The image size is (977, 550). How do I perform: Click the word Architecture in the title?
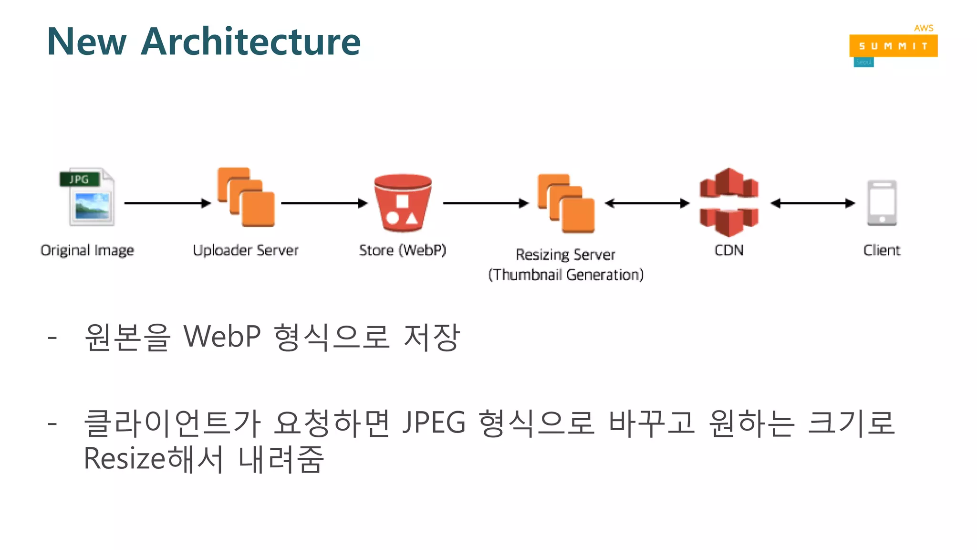[x=251, y=42]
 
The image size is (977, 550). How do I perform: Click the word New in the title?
[x=87, y=42]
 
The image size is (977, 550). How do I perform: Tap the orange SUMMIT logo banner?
[x=893, y=46]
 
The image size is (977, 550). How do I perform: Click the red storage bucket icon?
[x=403, y=203]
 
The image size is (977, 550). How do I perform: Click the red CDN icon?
[x=729, y=202]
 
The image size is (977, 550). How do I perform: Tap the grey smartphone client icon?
[x=882, y=202]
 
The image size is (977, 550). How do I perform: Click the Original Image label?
[x=87, y=250]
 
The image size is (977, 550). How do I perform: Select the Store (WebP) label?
[x=403, y=250]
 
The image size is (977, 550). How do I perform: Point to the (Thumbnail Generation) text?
[x=566, y=275]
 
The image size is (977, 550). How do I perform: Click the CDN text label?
[x=729, y=250]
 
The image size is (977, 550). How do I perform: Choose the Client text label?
[x=882, y=250]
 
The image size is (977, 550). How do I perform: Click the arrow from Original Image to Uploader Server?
[x=167, y=203]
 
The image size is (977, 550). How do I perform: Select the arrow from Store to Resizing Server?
[x=486, y=203]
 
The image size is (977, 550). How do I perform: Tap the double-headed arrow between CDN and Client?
[x=812, y=203]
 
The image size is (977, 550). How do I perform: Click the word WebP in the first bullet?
[x=222, y=337]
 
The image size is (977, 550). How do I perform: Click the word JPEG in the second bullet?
[x=434, y=423]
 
